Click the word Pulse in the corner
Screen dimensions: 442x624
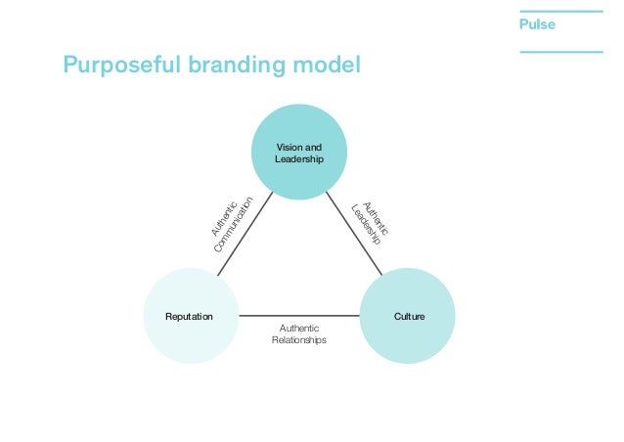coord(538,24)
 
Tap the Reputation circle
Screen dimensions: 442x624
coord(190,317)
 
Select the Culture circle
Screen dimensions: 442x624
coord(409,317)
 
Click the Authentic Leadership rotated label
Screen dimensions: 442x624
coord(370,223)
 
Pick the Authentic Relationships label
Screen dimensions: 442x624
coord(299,334)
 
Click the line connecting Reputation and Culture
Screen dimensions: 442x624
coord(299,316)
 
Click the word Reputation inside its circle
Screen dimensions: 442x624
coord(190,317)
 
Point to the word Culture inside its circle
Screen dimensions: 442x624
coord(409,317)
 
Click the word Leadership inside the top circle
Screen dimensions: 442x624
coord(299,158)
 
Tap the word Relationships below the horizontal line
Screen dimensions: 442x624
coord(299,341)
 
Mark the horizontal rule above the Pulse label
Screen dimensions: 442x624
coord(560,10)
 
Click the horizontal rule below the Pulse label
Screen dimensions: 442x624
coord(560,51)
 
